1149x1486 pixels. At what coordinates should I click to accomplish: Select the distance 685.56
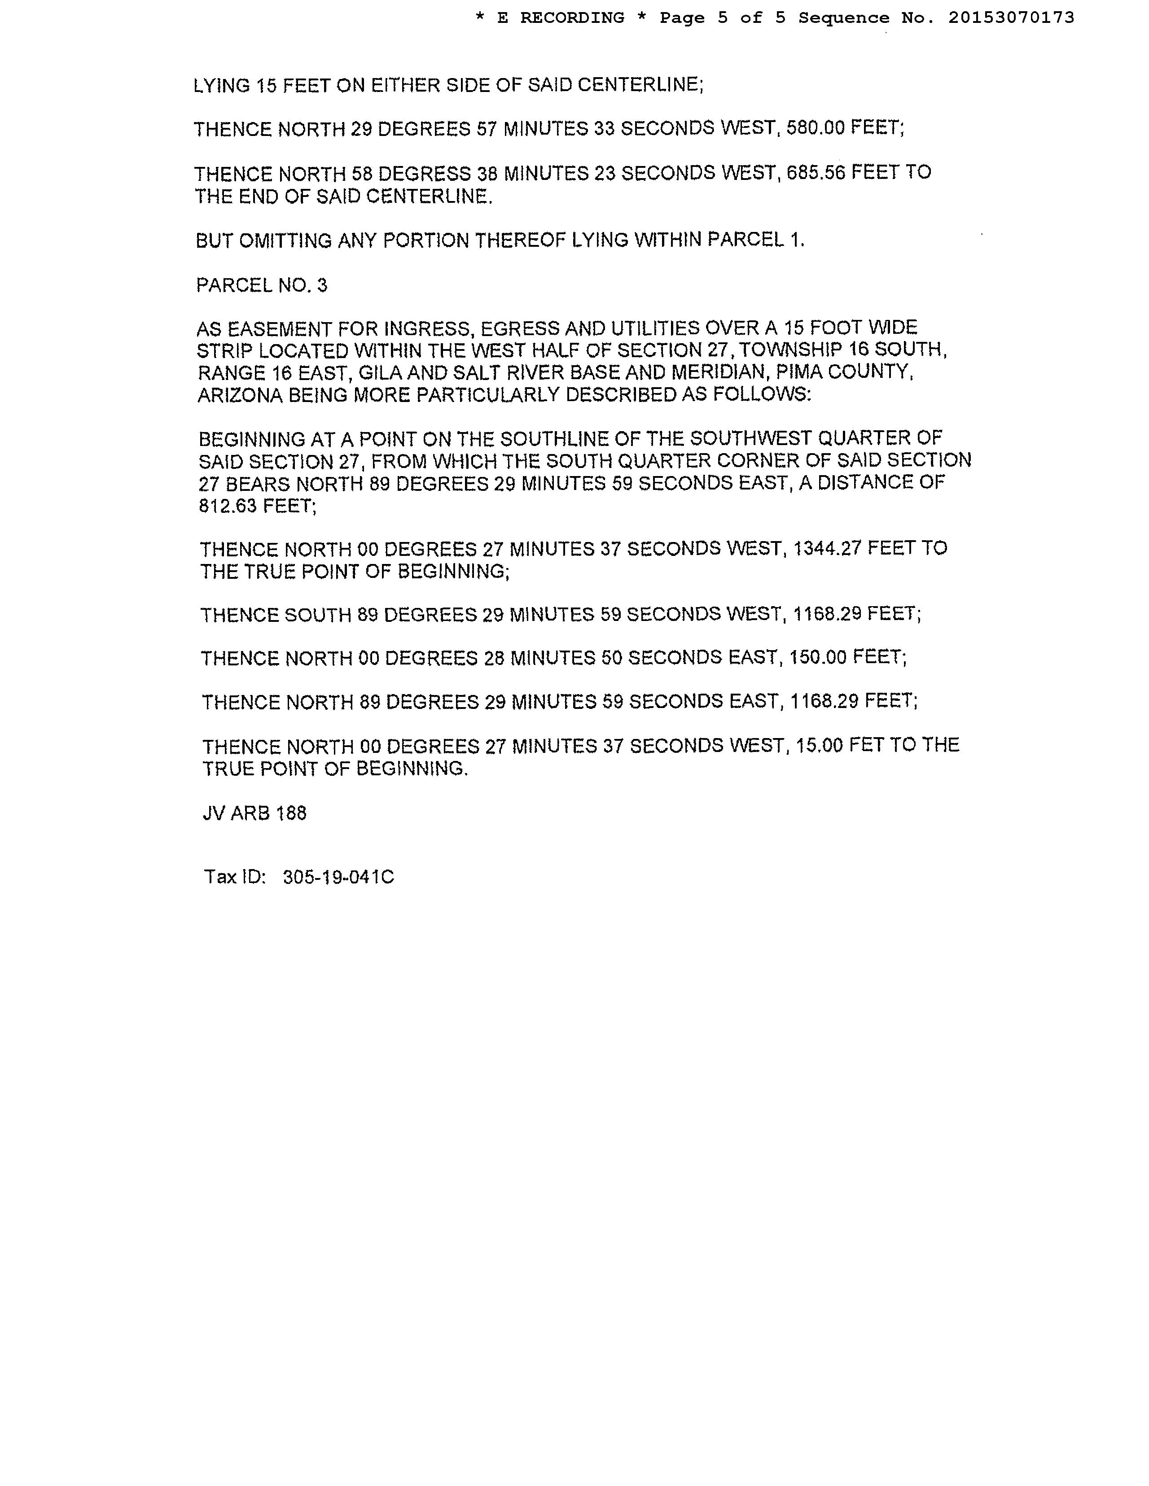click(x=816, y=173)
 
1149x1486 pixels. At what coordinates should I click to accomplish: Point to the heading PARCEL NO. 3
click(x=261, y=285)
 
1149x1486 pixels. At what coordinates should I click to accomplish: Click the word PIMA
click(x=803, y=372)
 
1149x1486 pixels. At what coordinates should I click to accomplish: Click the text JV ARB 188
click(x=254, y=813)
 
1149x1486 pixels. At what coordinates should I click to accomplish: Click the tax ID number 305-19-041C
click(x=338, y=877)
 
